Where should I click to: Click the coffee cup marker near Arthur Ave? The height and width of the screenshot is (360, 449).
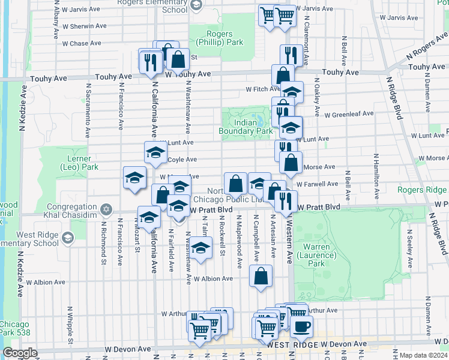click(x=301, y=326)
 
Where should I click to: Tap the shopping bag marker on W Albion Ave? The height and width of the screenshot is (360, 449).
click(x=261, y=277)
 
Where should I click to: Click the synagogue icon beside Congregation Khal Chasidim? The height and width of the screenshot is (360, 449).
click(x=106, y=209)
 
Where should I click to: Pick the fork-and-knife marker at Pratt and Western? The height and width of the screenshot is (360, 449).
click(x=285, y=201)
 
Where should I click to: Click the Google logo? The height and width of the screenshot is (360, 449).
click(x=20, y=353)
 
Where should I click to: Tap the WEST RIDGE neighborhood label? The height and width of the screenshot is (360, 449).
click(x=292, y=345)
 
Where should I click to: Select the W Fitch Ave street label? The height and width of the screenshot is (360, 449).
click(x=262, y=89)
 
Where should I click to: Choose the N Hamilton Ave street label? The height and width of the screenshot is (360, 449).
click(x=376, y=176)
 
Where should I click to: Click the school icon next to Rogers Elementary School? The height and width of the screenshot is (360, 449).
click(x=196, y=5)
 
